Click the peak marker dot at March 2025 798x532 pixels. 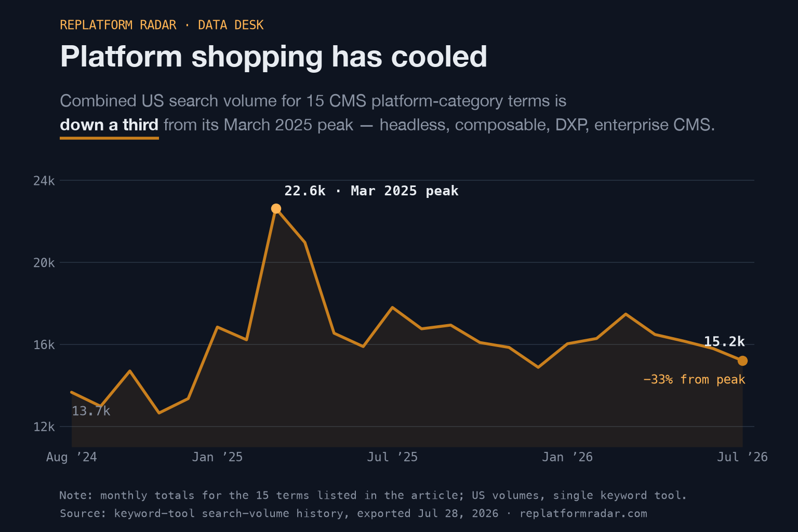pyautogui.click(x=276, y=208)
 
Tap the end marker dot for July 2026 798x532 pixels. pyautogui.click(x=742, y=361)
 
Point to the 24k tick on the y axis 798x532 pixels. pyautogui.click(x=44, y=181)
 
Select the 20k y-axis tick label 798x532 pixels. pyautogui.click(x=44, y=263)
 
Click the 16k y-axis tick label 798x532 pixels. pyautogui.click(x=44, y=345)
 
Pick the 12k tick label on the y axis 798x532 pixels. pyautogui.click(x=44, y=427)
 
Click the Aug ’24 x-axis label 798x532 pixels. pyautogui.click(x=72, y=457)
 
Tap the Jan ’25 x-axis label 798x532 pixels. pyautogui.click(x=217, y=457)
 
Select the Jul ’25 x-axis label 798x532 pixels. pyautogui.click(x=392, y=457)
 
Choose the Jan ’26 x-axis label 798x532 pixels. pyautogui.click(x=567, y=457)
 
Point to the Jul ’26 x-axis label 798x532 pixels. pyautogui.click(x=742, y=457)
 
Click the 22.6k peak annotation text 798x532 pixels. pyautogui.click(x=371, y=191)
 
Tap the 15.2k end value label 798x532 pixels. pyautogui.click(x=724, y=342)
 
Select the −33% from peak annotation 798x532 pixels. pyautogui.click(x=694, y=379)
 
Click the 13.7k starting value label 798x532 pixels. pyautogui.click(x=91, y=411)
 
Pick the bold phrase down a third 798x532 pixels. pyautogui.click(x=109, y=125)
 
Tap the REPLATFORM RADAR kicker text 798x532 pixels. pyautogui.click(x=118, y=25)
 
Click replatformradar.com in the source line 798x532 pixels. pyautogui.click(x=583, y=513)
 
